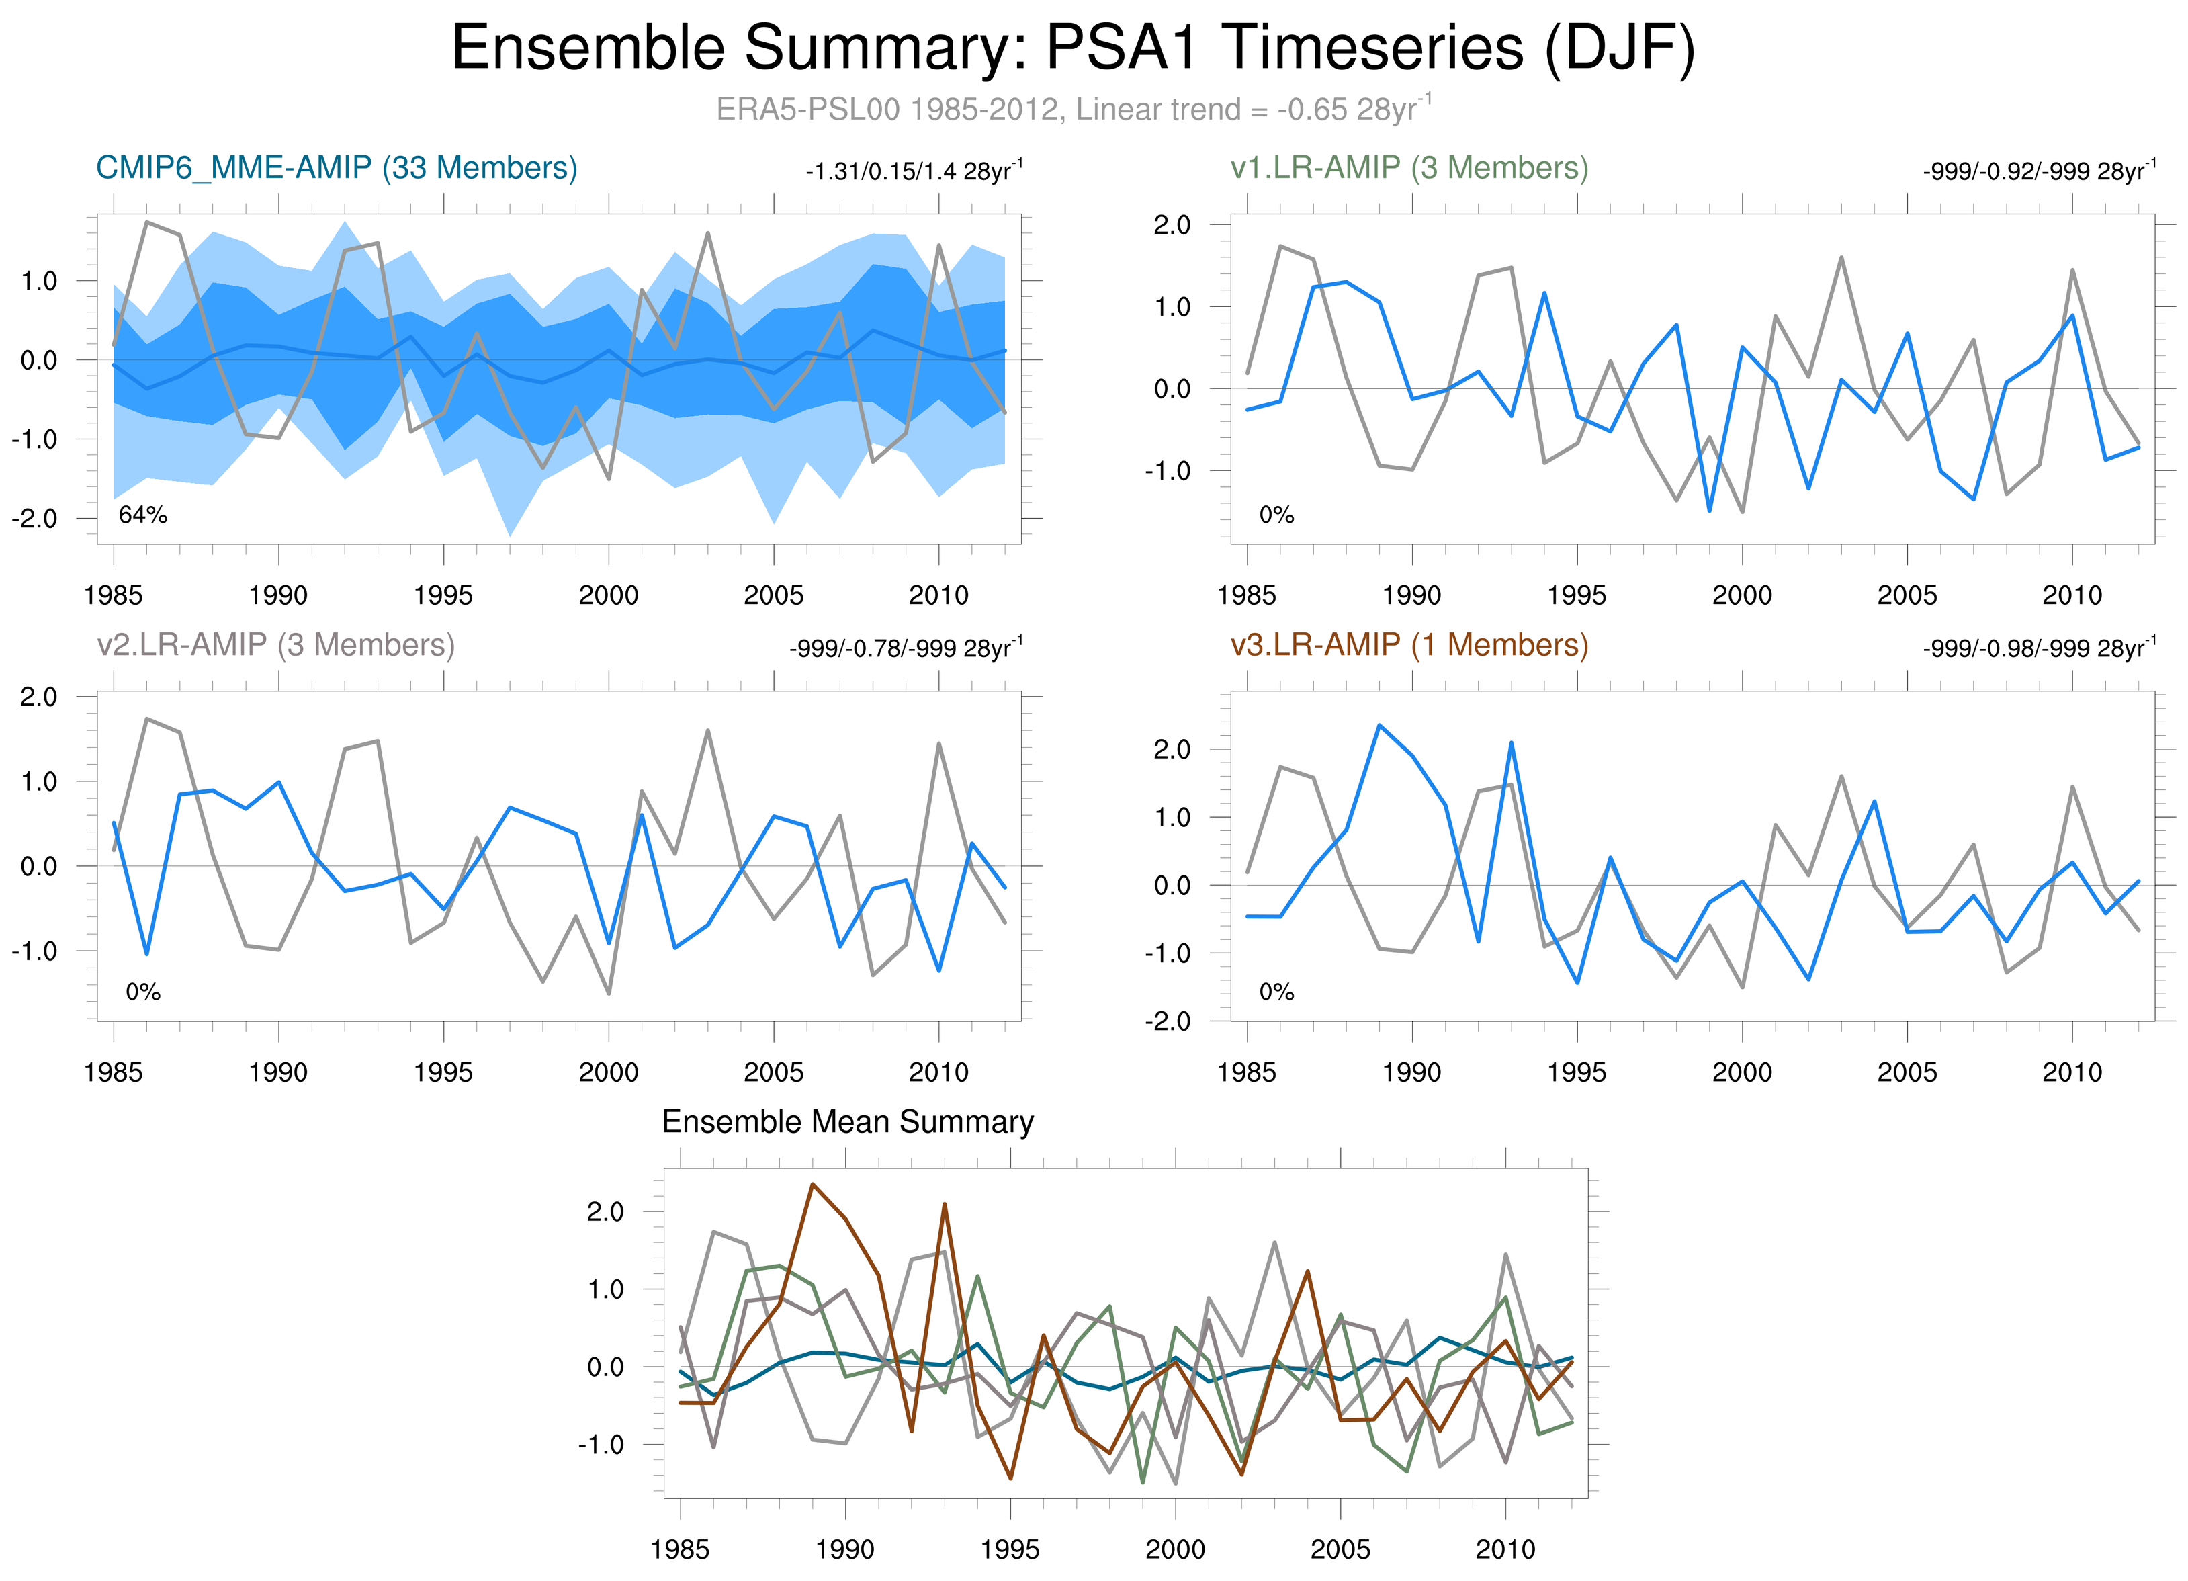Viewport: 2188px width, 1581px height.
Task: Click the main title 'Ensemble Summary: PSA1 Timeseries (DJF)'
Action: [x=1073, y=48]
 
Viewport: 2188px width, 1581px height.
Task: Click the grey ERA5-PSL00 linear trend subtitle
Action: [x=1073, y=109]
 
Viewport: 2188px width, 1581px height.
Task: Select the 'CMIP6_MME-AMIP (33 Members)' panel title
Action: [x=337, y=168]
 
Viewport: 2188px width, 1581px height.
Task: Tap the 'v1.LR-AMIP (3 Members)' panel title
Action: [x=1409, y=168]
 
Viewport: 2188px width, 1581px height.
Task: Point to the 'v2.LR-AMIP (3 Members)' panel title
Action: [x=276, y=644]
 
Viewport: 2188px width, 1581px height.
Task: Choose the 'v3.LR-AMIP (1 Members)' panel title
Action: [x=1409, y=644]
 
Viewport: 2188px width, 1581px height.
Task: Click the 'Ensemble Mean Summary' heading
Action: [x=847, y=1122]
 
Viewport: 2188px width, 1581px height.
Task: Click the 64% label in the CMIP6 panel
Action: [x=143, y=515]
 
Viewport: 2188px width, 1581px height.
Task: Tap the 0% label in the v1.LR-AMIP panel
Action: [x=1276, y=515]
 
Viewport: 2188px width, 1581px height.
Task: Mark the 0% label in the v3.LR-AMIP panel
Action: [x=1276, y=992]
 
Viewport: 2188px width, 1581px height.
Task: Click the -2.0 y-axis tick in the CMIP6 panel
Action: [x=35, y=519]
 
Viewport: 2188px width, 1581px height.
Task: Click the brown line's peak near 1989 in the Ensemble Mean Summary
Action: [x=812, y=1184]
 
